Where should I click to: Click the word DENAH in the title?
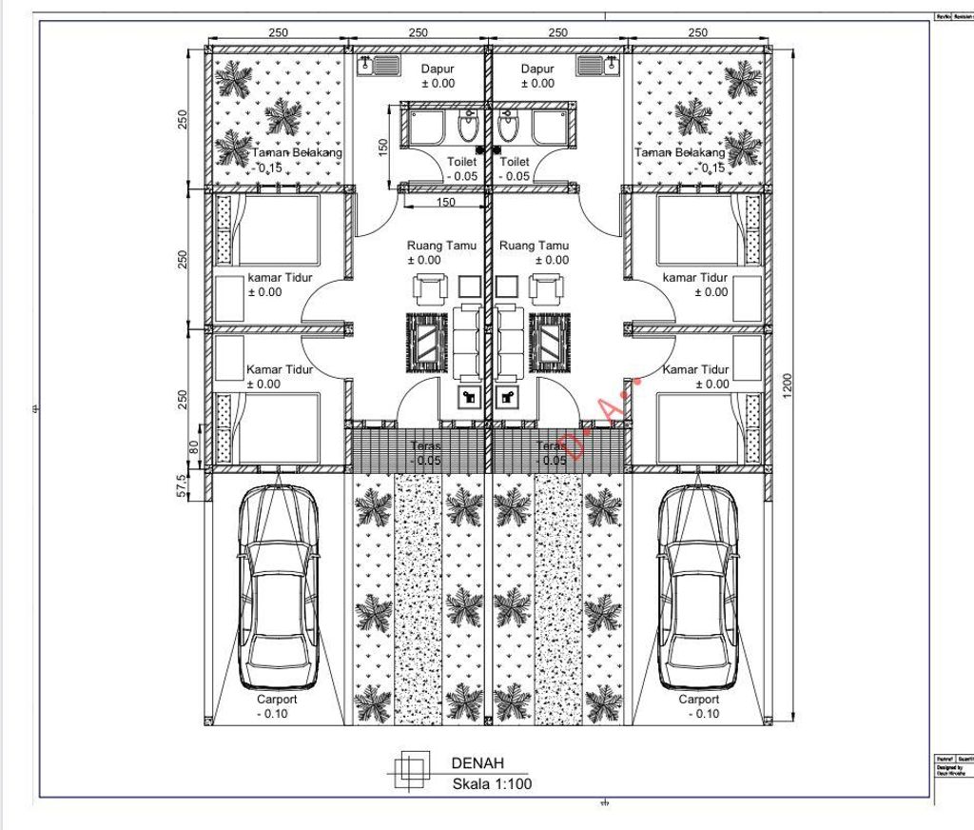coord(477,762)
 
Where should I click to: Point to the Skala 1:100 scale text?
coord(492,784)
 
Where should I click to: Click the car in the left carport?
coord(278,587)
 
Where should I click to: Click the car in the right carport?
coord(699,587)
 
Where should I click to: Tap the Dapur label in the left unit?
coord(438,69)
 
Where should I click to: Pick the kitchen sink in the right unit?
coord(597,66)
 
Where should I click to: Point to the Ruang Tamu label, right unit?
coord(535,246)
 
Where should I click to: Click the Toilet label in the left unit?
coord(462,163)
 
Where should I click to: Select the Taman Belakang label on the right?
coord(679,152)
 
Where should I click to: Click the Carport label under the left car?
coord(277,699)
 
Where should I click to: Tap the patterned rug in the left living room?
coord(427,342)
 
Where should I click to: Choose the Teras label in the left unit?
coord(424,446)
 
